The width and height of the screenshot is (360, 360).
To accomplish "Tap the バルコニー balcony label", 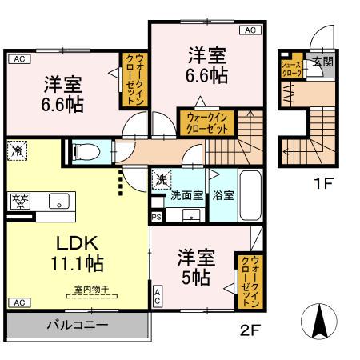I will tap(77, 326).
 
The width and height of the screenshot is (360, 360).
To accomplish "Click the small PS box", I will tap(155, 216).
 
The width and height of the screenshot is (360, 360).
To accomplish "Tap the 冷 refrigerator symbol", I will tap(16, 149).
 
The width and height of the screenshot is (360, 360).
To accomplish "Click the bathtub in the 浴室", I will tap(250, 195).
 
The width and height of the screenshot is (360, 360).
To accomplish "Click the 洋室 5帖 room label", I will tap(195, 267).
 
